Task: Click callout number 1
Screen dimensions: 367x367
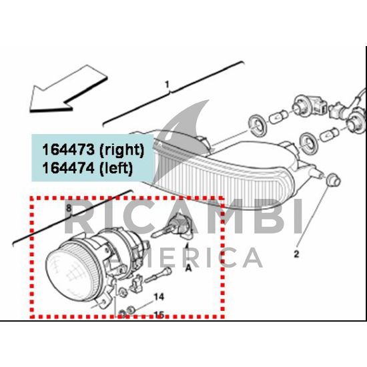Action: click(x=167, y=85)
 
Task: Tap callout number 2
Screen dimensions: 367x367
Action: click(x=296, y=254)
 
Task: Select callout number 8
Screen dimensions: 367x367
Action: click(x=69, y=208)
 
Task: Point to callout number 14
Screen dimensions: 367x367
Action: click(x=159, y=297)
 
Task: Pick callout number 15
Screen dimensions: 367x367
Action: click(x=159, y=315)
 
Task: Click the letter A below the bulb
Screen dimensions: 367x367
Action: click(x=188, y=268)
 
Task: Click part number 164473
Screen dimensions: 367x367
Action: click(x=68, y=149)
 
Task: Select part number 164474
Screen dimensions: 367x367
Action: click(x=68, y=167)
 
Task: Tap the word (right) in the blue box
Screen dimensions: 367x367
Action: click(x=121, y=150)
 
